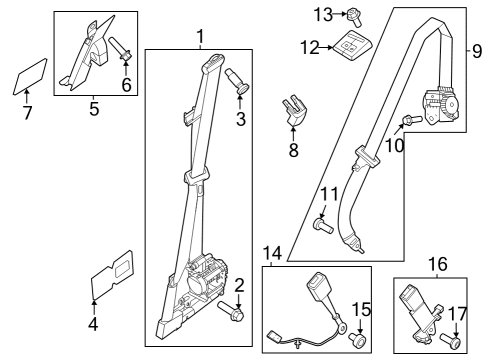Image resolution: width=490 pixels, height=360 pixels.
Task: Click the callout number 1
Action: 199,37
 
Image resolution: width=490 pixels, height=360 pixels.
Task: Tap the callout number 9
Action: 477,49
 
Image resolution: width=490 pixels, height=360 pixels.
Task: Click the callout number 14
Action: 272,252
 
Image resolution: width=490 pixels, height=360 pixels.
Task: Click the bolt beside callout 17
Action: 450,340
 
